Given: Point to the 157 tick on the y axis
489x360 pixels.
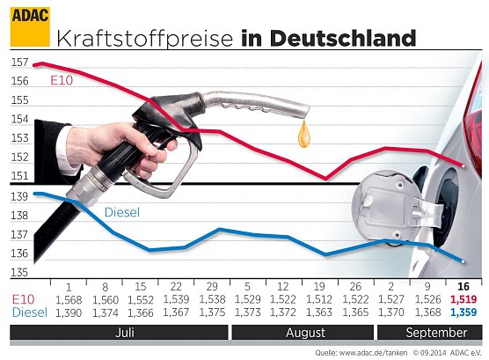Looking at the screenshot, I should click(x=19, y=63).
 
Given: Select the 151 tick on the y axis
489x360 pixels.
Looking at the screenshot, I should click(x=19, y=177).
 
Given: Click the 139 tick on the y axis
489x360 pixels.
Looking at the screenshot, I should click(x=19, y=196).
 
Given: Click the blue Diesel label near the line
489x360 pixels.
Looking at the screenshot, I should click(x=122, y=212).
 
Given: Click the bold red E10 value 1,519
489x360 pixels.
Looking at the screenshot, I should click(x=463, y=300).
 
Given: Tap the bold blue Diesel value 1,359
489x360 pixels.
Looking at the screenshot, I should click(x=463, y=312).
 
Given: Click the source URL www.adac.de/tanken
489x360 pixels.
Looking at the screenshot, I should click(x=375, y=352).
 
